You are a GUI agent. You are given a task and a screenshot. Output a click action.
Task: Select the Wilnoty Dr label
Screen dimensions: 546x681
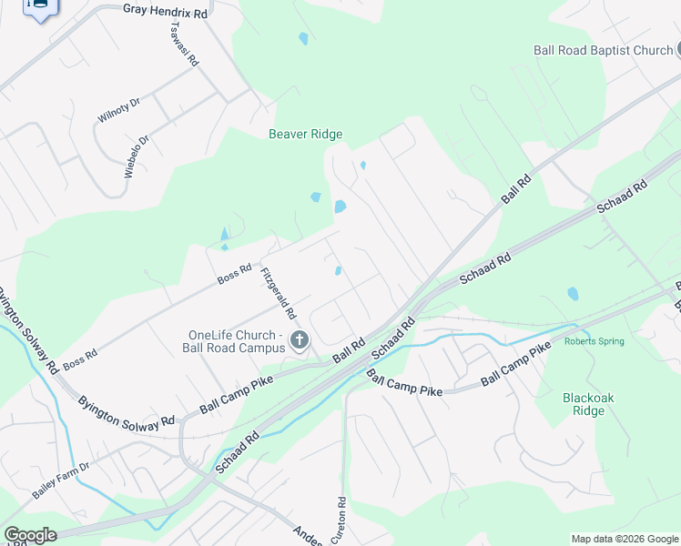coord(118,110)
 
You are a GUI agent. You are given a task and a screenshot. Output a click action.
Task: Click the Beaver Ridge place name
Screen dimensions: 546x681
coord(305,135)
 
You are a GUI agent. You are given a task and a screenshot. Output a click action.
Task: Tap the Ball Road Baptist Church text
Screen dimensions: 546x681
coord(603,51)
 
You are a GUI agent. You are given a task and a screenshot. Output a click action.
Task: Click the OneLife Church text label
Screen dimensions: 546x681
coord(236,340)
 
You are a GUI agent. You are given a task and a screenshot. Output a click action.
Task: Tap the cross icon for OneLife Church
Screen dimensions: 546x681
coord(299,341)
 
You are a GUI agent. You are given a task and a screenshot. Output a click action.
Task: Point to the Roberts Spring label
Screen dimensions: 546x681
coord(594,342)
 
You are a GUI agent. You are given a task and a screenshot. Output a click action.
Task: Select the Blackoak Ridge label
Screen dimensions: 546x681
coord(584,404)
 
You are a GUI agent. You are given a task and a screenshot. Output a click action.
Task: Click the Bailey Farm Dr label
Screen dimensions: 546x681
coord(62,480)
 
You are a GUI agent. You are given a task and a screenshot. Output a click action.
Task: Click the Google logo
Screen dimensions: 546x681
coord(30,535)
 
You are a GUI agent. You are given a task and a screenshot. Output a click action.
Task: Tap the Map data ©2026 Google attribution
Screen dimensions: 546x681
coord(625,539)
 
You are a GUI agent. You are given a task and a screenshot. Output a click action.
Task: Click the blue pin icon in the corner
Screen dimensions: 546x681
coord(40,8)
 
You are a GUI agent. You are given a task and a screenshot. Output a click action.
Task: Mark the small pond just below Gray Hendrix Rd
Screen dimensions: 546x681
coord(303,39)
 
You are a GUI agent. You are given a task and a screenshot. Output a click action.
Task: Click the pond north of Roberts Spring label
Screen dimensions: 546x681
coord(573,294)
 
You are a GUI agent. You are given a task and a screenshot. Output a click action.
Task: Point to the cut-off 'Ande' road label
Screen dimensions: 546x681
coord(308,534)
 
